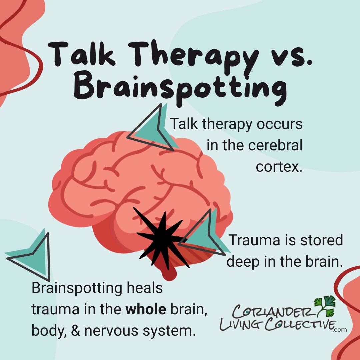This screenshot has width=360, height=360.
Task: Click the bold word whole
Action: [146, 310]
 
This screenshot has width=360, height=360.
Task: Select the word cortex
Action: [279, 167]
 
